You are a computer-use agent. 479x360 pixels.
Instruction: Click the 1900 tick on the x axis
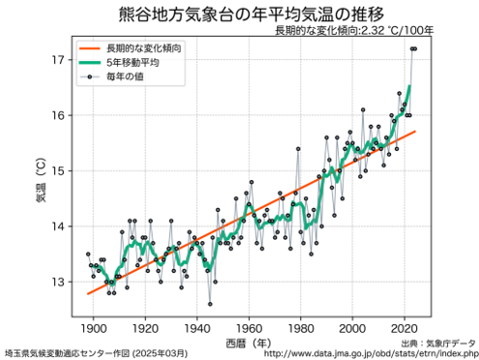[x=93, y=326]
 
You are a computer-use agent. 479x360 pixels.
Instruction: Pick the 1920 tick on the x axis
[x=145, y=326]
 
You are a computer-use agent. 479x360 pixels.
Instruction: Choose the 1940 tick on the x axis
[x=197, y=326]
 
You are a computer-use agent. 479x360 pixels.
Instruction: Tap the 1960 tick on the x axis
[x=250, y=326]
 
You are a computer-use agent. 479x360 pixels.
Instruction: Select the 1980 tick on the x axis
[x=302, y=326]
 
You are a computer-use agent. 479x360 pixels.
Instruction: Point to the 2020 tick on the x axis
[x=406, y=326]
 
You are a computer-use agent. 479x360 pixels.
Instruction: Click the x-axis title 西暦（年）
[x=249, y=342]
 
